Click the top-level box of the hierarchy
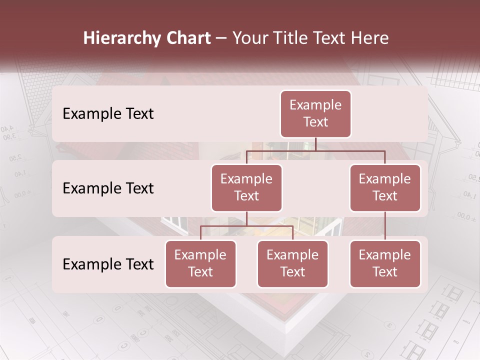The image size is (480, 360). pos(315,113)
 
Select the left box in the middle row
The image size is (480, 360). pos(246,187)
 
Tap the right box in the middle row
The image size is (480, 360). pos(385,187)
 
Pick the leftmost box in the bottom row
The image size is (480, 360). pos(200,263)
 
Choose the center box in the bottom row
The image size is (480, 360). pos(292,263)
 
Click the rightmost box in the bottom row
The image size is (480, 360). pos(385,263)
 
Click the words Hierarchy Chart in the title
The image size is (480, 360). pos(147,38)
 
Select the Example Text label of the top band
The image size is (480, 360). pos(108,113)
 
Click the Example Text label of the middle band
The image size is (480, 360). pos(108,188)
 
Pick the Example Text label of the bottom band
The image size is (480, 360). pos(108,264)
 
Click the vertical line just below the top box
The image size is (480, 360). pos(315,144)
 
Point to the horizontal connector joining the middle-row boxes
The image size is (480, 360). pos(315,150)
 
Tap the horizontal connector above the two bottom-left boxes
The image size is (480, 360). pos(246,226)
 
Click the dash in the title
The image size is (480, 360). pos(221,38)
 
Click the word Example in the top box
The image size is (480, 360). pos(315,105)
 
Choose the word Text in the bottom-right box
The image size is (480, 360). pos(385,272)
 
